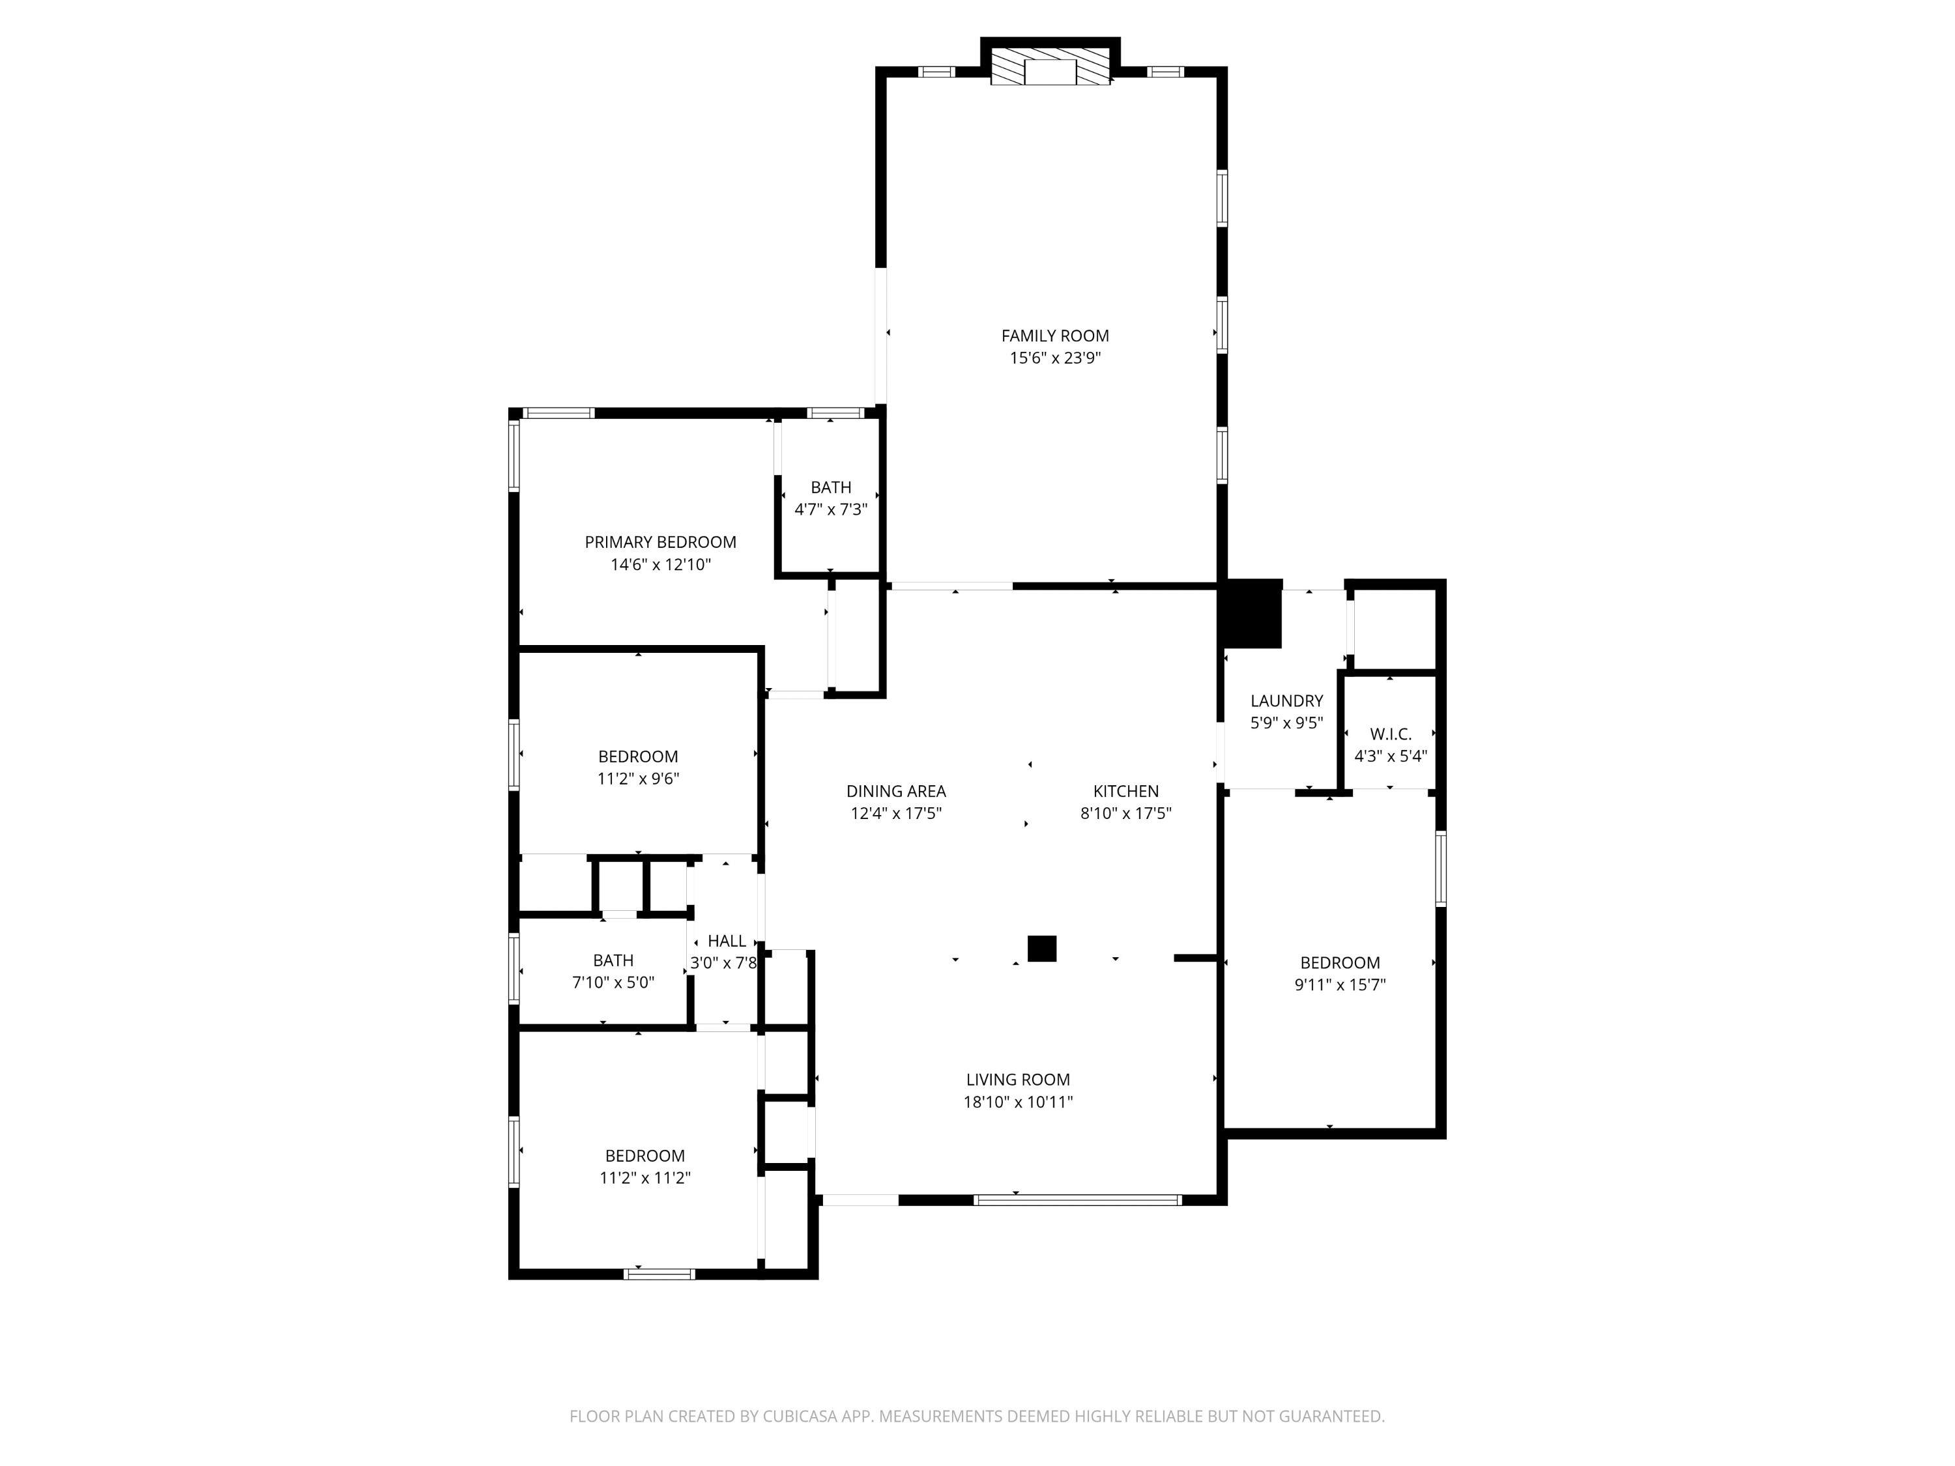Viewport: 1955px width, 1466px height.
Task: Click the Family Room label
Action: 1054,336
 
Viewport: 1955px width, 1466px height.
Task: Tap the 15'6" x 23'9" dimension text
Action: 1054,358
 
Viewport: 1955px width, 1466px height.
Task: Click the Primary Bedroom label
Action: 660,541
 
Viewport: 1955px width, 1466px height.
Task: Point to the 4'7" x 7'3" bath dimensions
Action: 831,510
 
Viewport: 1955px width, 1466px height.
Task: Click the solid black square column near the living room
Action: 1042,948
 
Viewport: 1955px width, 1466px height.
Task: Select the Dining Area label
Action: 895,791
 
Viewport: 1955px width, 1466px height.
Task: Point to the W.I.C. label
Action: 1390,734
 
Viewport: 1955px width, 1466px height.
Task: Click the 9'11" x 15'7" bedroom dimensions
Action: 1340,985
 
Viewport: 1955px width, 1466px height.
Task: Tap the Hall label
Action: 727,941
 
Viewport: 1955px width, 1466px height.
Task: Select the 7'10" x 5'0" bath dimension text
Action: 613,983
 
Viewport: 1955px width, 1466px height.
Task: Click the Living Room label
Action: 1017,1079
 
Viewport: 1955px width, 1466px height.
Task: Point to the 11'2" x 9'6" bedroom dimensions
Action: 638,779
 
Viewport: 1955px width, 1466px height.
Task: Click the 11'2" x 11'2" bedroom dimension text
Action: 644,1178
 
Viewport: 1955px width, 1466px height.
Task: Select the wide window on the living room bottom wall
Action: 1077,1200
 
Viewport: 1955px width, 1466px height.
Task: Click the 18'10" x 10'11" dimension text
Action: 1017,1102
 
